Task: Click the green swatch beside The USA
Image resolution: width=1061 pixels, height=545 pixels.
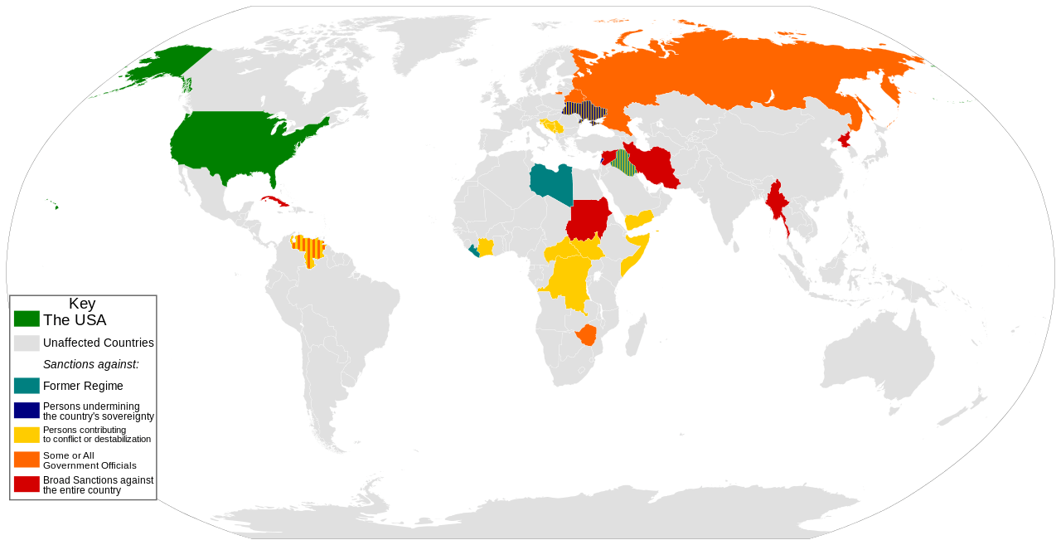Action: point(27,319)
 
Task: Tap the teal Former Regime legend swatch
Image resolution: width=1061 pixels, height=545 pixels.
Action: point(27,386)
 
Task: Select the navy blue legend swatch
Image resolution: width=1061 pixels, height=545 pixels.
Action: point(27,410)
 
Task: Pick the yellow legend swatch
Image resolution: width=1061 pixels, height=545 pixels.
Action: point(27,434)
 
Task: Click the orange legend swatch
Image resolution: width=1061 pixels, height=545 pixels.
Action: point(27,460)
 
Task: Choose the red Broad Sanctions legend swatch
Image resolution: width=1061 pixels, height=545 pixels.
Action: point(27,484)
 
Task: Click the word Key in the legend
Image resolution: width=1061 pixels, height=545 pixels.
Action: point(82,304)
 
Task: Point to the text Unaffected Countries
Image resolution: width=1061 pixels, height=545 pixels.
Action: point(98,343)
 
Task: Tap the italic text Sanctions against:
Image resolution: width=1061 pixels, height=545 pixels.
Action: point(90,364)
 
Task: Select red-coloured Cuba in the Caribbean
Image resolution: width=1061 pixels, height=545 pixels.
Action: point(274,201)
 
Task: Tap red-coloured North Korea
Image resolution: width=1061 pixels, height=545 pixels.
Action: point(845,139)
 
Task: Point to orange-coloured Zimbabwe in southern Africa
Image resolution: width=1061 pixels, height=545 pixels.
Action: point(587,335)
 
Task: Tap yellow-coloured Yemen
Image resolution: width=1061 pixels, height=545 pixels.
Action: point(639,220)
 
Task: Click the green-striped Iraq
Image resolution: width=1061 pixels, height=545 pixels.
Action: point(625,163)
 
